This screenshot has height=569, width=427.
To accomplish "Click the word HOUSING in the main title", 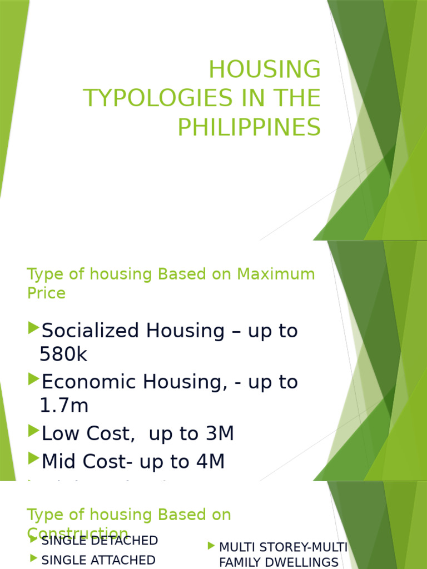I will point(265,70).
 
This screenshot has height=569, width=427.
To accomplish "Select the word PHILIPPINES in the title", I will point(249,127).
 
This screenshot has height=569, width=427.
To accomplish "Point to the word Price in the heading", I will point(46,293).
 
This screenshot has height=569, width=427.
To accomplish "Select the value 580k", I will point(63,355).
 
